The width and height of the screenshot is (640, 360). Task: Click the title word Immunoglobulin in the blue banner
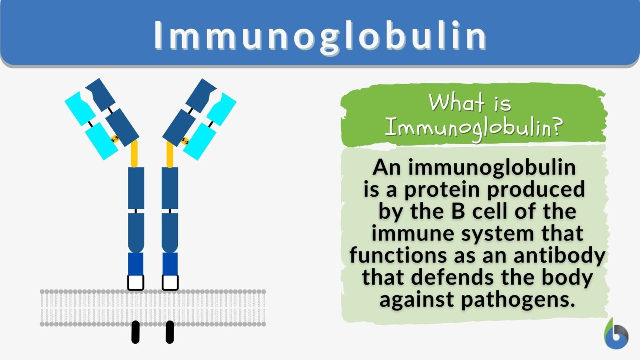[320, 36]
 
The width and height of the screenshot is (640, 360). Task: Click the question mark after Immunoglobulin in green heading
[557, 126]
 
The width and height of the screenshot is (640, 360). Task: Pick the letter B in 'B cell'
[458, 211]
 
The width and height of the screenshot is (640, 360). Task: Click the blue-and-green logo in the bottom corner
[616, 334]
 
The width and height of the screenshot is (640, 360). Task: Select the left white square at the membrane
[136, 282]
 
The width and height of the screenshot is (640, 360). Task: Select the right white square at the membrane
[170, 282]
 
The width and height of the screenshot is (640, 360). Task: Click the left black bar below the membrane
[135, 332]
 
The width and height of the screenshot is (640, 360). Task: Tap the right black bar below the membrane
[170, 332]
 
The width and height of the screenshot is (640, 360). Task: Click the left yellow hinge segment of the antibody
[134, 153]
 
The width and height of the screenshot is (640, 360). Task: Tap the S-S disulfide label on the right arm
[185, 140]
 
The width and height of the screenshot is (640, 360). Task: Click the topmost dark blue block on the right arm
[200, 95]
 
